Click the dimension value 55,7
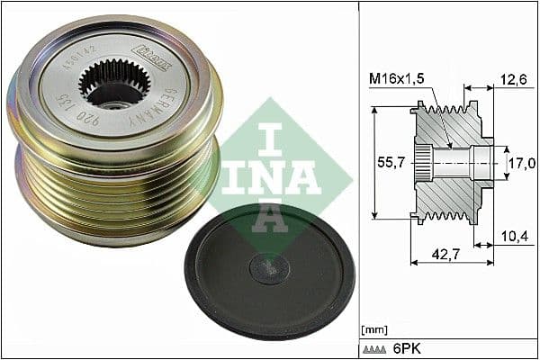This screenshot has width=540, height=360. coord(387,163)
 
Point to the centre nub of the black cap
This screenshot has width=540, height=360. coord(269,267)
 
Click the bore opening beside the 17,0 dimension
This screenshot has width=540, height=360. coord(484,163)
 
